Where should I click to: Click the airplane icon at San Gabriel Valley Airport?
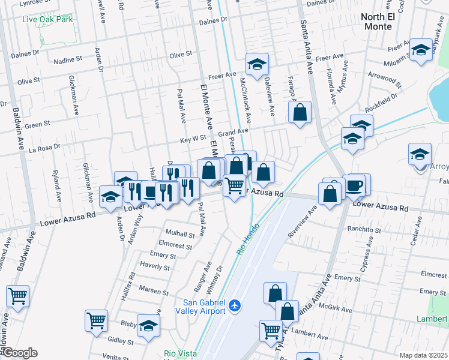(x=234, y=306)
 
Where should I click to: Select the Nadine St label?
(x=68, y=60)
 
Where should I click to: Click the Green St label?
(x=37, y=125)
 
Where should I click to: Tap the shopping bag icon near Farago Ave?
(x=300, y=112)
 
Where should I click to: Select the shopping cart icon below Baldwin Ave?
(x=18, y=296)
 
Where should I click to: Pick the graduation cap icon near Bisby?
(x=148, y=325)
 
